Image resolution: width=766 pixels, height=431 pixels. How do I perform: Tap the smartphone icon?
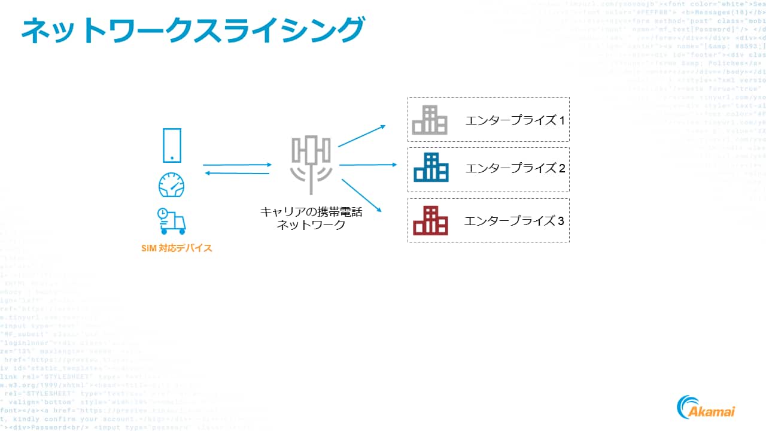172,145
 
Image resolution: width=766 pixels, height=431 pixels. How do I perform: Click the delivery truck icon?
171,221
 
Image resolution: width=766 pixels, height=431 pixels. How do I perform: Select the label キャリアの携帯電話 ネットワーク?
311,218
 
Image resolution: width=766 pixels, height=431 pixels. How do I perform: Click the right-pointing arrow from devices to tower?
237,165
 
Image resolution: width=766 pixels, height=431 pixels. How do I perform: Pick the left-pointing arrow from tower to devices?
237,174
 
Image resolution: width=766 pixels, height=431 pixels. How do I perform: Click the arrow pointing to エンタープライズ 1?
362,136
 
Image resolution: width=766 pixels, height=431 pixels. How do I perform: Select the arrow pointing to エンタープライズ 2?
368,164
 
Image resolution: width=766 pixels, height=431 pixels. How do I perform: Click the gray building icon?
430,120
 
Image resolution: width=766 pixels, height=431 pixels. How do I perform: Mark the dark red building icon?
430,220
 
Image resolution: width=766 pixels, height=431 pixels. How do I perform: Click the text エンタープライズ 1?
515,120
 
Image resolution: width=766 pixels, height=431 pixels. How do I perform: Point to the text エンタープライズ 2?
515,168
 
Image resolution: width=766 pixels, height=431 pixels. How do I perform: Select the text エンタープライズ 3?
514,221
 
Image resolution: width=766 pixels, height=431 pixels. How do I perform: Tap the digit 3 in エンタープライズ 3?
561,221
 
